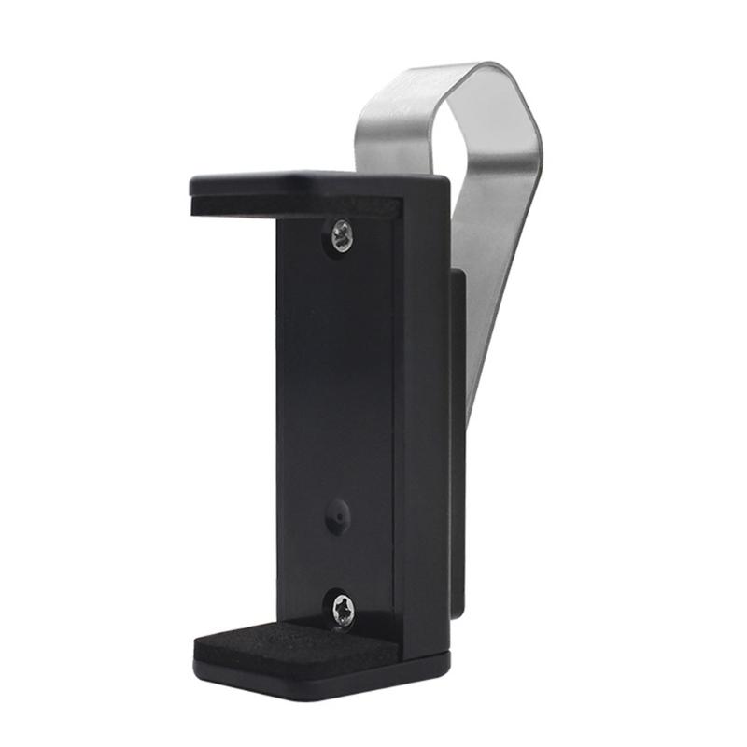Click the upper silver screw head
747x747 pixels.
coord(342,235)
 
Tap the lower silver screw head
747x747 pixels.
coord(343,611)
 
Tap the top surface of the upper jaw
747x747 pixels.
coord(308,180)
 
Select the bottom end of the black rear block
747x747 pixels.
coord(458,612)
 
